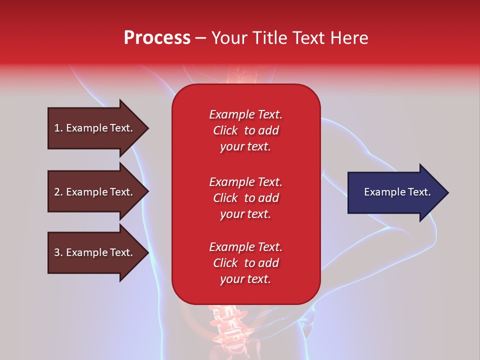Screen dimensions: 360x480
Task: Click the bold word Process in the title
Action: pyautogui.click(x=157, y=38)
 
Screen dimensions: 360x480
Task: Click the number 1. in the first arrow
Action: pyautogui.click(x=58, y=128)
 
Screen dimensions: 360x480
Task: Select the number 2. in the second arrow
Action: pyautogui.click(x=58, y=192)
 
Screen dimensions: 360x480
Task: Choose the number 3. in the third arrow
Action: pyautogui.click(x=58, y=252)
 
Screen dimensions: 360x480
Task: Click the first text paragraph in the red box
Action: pyautogui.click(x=245, y=130)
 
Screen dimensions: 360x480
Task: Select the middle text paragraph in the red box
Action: pyautogui.click(x=245, y=198)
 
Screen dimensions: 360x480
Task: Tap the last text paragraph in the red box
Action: pyautogui.click(x=245, y=263)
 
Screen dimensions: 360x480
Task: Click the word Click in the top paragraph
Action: pyautogui.click(x=225, y=130)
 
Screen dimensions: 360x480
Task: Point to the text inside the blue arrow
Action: pyautogui.click(x=397, y=192)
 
